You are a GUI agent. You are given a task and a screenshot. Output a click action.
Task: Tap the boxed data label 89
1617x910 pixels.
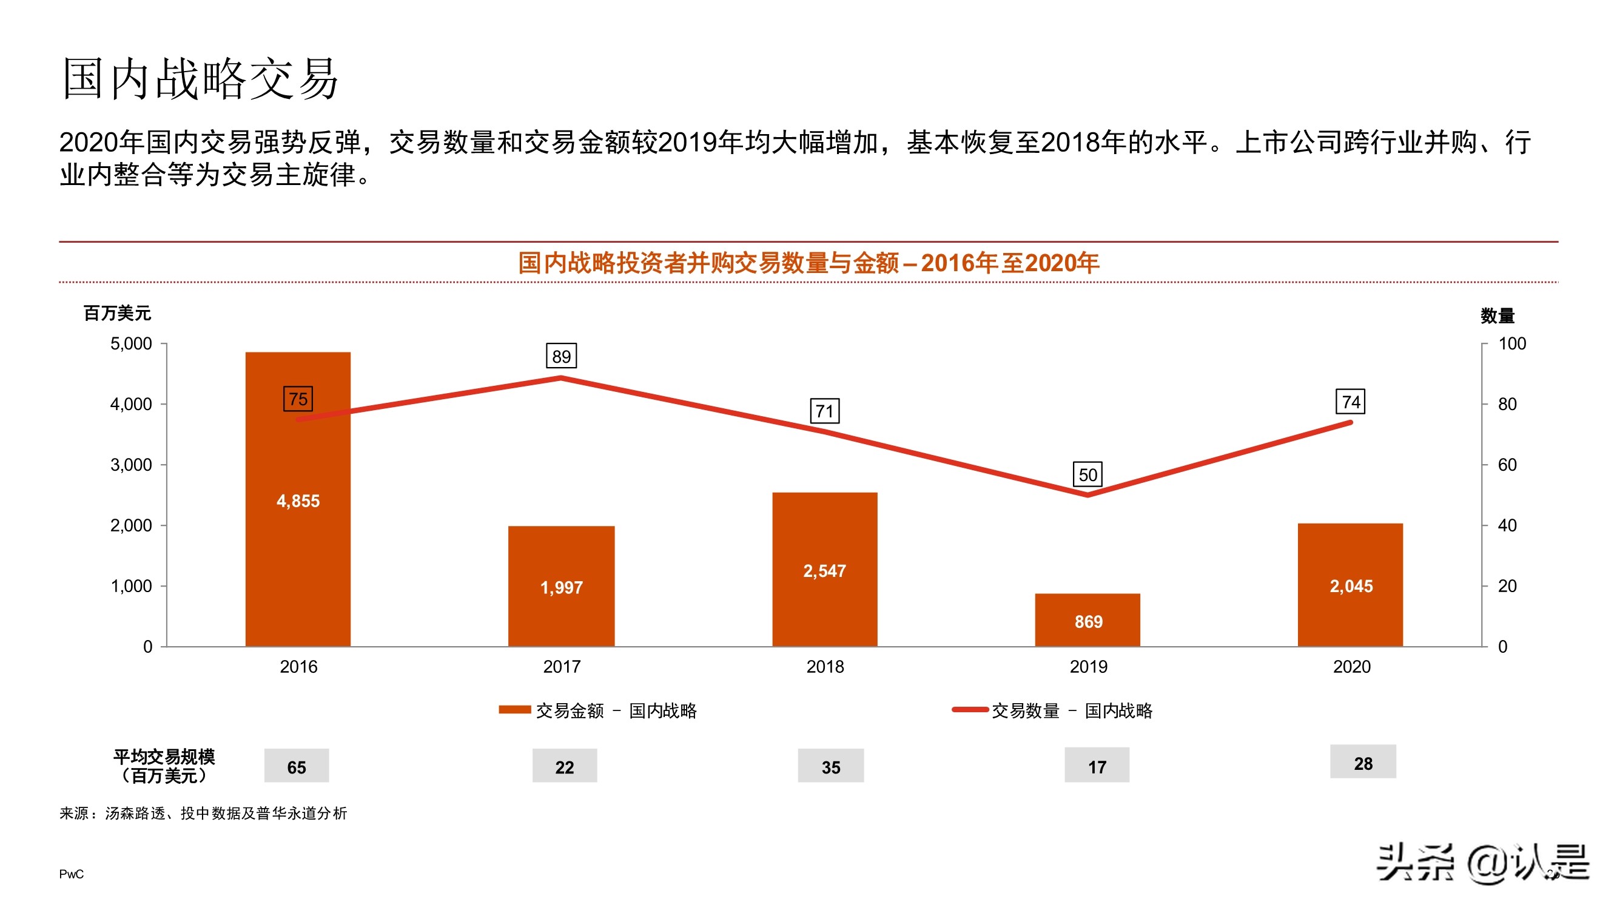point(561,356)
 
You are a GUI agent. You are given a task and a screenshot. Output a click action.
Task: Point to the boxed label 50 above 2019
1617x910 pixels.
point(1088,474)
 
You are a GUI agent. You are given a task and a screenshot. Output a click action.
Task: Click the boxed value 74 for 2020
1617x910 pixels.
point(1350,402)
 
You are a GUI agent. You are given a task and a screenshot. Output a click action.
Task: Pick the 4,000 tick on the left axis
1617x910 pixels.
point(131,404)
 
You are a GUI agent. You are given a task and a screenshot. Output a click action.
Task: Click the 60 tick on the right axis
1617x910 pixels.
point(1507,465)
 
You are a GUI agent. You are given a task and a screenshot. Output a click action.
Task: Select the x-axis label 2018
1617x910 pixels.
point(825,666)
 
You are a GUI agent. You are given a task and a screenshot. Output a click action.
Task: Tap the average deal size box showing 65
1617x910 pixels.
point(296,766)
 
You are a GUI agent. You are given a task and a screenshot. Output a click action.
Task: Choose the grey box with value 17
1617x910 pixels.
point(1097,766)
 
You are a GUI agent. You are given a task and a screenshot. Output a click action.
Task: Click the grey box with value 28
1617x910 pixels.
point(1363,763)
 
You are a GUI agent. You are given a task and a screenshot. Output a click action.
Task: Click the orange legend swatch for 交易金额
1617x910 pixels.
point(515,710)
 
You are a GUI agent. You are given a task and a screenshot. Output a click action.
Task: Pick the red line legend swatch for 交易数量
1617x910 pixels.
point(970,710)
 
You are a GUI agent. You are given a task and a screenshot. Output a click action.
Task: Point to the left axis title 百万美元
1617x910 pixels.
point(118,313)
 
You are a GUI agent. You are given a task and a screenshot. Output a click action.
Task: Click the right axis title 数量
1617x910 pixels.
point(1497,315)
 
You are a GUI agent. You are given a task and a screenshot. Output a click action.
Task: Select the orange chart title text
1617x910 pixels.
point(808,263)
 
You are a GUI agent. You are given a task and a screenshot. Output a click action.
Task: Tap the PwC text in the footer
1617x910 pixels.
point(71,874)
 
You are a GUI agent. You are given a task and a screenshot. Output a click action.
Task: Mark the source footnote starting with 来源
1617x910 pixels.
point(203,814)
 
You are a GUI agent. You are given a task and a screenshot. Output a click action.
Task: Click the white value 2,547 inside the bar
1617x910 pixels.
point(824,570)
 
